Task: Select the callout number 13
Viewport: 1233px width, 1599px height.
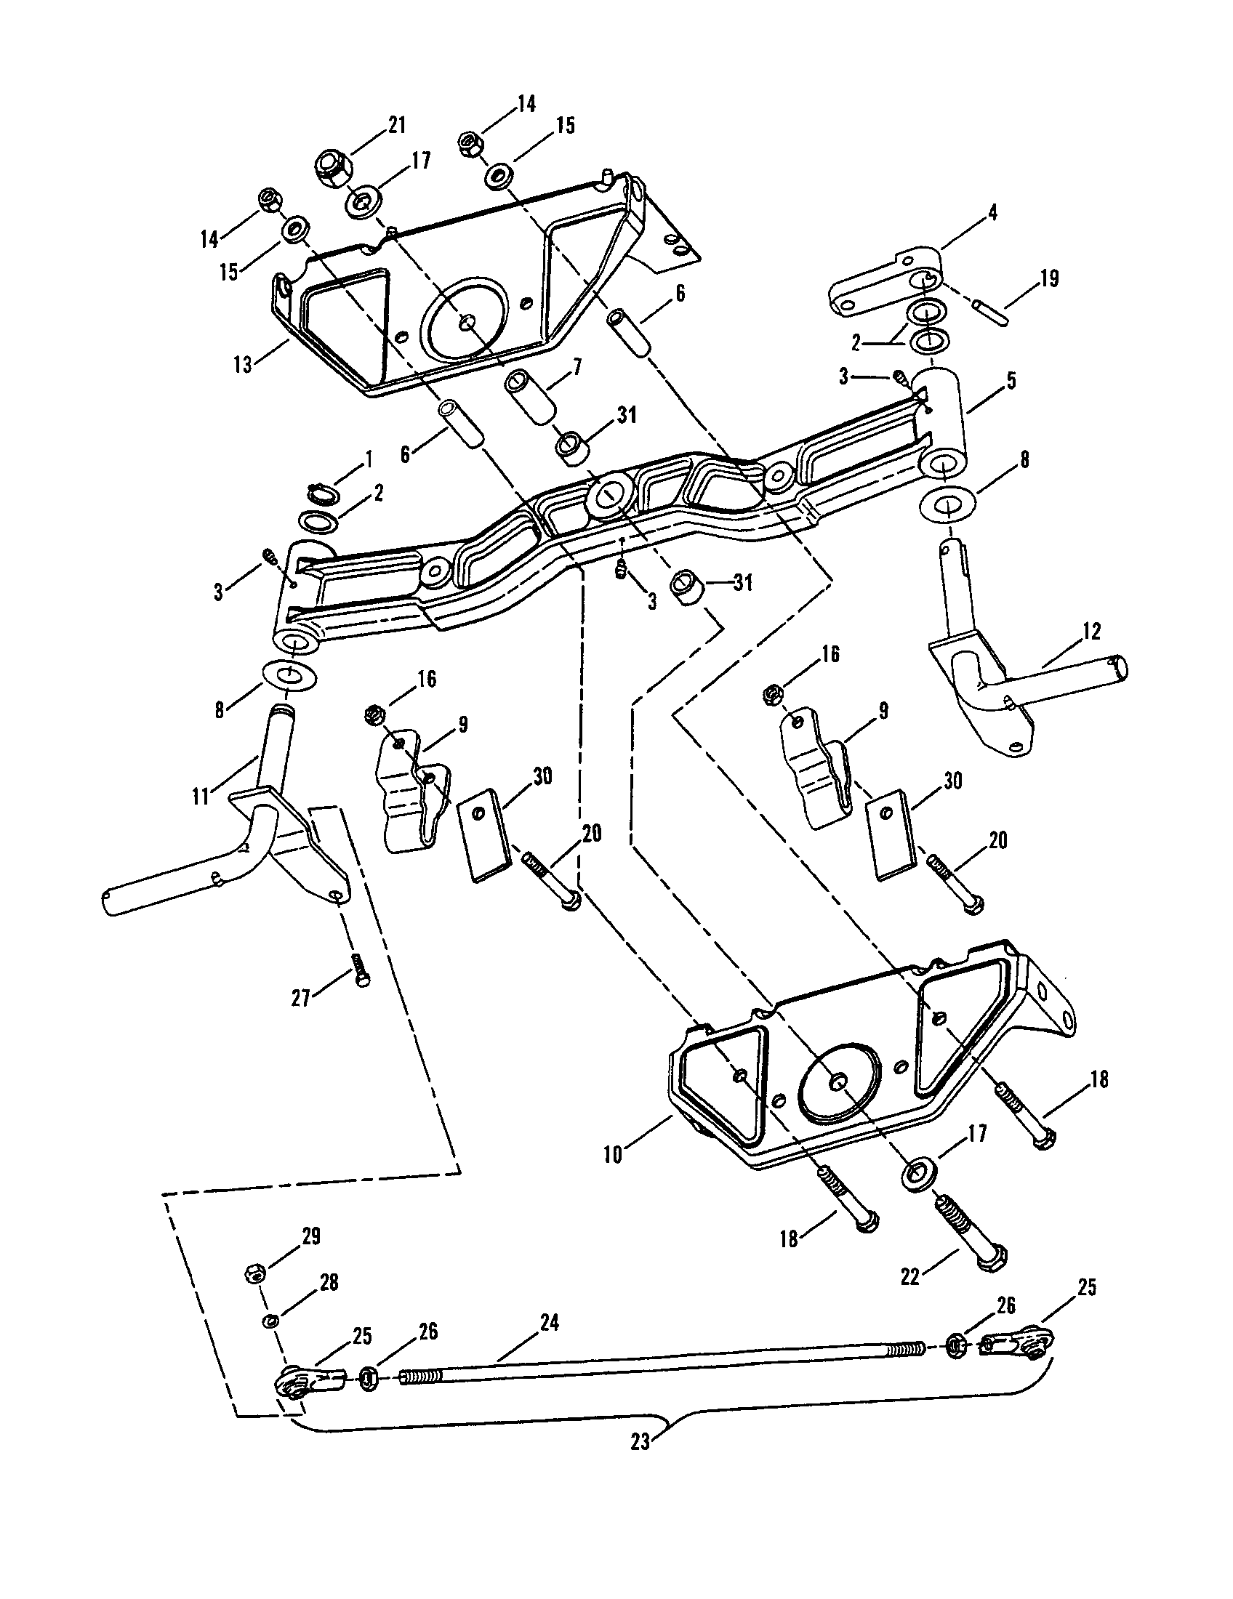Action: click(x=242, y=364)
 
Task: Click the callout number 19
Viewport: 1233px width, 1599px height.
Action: click(x=1049, y=279)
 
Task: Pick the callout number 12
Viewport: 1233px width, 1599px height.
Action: click(x=1092, y=631)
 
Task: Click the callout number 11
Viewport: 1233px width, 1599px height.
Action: click(x=201, y=795)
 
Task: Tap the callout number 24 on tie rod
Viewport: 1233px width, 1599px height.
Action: click(x=549, y=1323)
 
